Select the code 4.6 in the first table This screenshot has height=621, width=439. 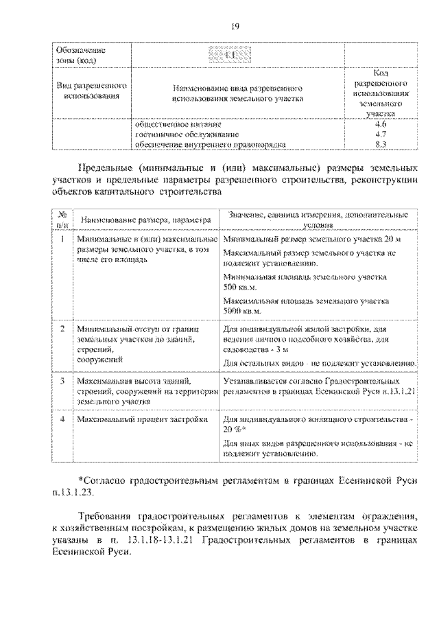pyautogui.click(x=381, y=124)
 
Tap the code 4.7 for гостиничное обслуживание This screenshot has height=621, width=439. pyautogui.click(x=381, y=134)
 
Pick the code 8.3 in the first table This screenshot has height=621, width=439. pyautogui.click(x=381, y=144)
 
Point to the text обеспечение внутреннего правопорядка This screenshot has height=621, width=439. pyautogui.click(x=209, y=144)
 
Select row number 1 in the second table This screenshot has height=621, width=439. pyautogui.click(x=62, y=239)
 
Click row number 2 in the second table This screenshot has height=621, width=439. pyautogui.click(x=62, y=329)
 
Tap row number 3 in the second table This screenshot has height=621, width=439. pyautogui.click(x=62, y=379)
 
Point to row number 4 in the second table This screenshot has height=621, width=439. pyautogui.click(x=62, y=418)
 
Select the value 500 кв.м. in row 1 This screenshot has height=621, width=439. pyautogui.click(x=239, y=286)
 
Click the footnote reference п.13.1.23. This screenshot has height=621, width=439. pyautogui.click(x=76, y=492)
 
